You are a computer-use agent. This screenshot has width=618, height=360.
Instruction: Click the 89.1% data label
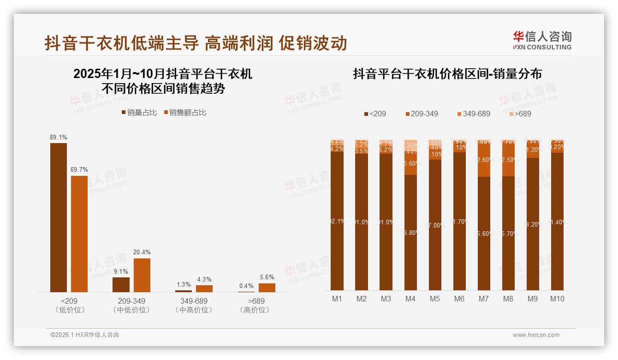click(x=59, y=137)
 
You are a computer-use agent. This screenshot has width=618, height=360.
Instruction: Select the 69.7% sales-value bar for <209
click(x=79, y=234)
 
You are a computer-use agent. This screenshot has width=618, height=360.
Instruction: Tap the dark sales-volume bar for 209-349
click(x=121, y=284)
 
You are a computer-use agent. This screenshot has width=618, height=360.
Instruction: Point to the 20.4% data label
click(x=142, y=252)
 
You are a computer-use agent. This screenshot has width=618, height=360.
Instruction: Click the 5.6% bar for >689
click(x=267, y=288)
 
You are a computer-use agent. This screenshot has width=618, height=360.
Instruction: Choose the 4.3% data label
click(x=204, y=279)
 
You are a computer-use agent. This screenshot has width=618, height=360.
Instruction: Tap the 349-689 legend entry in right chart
click(x=473, y=114)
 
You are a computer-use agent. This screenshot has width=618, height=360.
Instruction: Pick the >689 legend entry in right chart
click(x=520, y=114)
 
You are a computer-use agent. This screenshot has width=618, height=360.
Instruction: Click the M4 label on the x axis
click(x=410, y=299)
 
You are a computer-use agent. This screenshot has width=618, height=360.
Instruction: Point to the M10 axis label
click(x=557, y=299)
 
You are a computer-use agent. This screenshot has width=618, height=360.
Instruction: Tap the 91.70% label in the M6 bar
click(x=459, y=222)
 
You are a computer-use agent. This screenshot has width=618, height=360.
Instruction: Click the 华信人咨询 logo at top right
click(x=542, y=40)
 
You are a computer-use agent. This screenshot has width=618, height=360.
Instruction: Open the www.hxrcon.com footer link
click(x=536, y=335)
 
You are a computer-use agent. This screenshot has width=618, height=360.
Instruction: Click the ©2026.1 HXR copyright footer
click(x=85, y=335)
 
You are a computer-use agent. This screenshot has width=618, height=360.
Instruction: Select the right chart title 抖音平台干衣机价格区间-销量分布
click(x=447, y=74)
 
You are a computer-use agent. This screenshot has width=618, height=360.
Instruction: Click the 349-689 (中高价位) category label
click(x=194, y=306)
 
